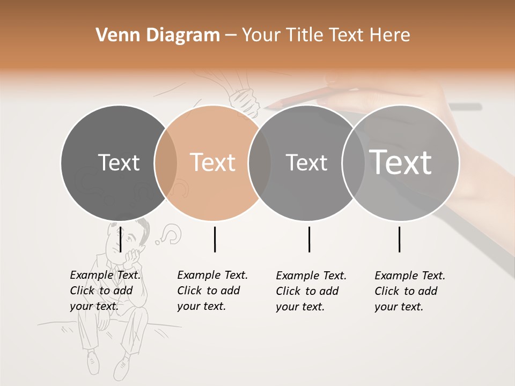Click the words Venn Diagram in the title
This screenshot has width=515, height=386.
click(x=158, y=35)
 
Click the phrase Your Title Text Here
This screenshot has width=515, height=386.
click(x=326, y=35)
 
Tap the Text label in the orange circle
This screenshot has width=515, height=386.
click(x=212, y=162)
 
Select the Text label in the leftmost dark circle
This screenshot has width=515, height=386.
click(x=119, y=162)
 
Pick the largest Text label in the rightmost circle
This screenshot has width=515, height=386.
click(x=401, y=162)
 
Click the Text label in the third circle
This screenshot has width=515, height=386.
click(x=306, y=162)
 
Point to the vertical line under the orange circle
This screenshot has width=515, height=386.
click(x=215, y=239)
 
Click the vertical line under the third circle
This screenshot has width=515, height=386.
click(x=310, y=239)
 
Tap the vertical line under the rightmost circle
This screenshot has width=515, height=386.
click(x=399, y=239)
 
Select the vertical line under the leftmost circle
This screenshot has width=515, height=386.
click(x=121, y=239)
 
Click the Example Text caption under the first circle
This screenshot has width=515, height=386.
click(x=105, y=291)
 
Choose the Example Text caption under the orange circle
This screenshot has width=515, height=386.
click(x=212, y=291)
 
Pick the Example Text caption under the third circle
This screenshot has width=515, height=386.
click(x=311, y=291)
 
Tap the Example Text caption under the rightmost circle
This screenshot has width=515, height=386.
click(x=409, y=291)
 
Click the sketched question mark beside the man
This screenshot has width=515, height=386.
click(x=172, y=234)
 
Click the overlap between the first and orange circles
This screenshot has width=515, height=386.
click(x=166, y=162)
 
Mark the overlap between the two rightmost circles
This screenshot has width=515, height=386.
click(x=353, y=162)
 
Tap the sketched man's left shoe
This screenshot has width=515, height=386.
click(x=93, y=362)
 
